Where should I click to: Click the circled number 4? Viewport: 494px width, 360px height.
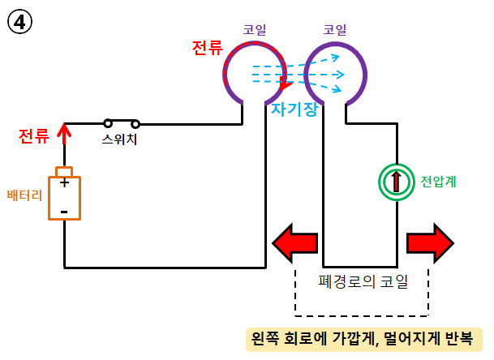19,21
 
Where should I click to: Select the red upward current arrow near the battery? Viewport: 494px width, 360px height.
65,135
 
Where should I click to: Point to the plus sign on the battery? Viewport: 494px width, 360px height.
63,183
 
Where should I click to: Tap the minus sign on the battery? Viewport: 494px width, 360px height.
63,212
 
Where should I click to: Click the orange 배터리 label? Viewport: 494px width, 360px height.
24,195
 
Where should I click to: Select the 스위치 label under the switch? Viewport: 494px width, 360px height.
120,139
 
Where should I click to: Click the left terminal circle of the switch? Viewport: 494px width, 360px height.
107,124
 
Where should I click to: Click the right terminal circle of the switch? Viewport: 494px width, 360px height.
135,124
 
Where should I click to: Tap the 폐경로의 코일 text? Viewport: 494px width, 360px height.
363,282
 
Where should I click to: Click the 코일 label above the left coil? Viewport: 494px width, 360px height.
255,29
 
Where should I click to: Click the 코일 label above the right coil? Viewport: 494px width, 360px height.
335,29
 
